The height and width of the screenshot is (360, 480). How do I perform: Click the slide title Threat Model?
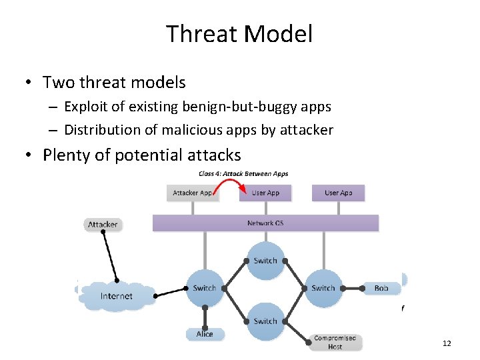tap(239, 34)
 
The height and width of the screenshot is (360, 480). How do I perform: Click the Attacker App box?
tap(193, 193)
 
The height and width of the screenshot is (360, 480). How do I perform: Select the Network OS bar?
tap(265, 223)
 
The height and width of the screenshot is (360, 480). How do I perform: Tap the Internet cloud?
tap(117, 295)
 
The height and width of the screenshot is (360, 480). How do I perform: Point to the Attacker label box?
tap(103, 225)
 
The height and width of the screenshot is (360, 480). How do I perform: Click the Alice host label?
tap(205, 333)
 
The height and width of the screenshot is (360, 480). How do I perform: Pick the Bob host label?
tap(381, 288)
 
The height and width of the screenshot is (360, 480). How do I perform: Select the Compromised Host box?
tap(335, 342)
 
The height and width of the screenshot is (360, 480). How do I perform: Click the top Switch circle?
tap(265, 260)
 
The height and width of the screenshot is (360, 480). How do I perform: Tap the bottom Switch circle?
tap(265, 321)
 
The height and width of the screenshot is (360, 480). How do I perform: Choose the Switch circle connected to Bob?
tap(323, 288)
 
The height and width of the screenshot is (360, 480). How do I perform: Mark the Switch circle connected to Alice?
tap(205, 288)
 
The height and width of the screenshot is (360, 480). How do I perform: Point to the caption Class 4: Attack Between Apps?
tap(243, 174)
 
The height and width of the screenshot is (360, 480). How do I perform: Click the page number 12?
tap(447, 343)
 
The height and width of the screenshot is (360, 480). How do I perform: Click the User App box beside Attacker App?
tap(265, 193)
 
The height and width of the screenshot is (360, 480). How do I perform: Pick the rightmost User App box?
tap(338, 193)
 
